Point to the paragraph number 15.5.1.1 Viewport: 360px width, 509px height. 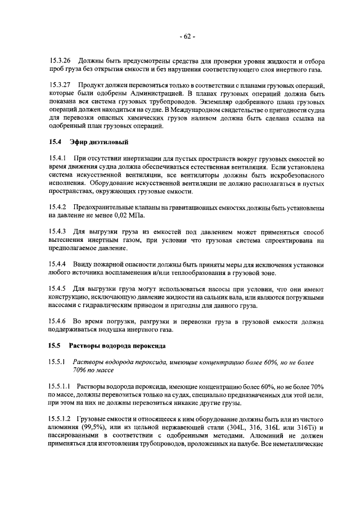point(60,388)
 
